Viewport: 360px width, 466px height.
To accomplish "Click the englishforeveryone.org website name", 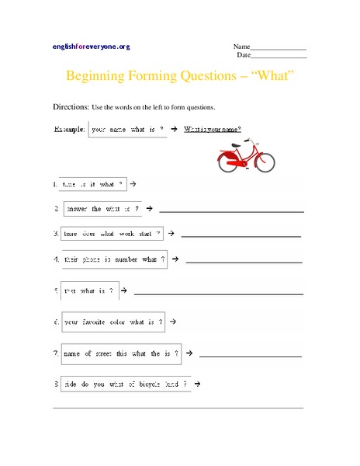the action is pyautogui.click(x=92, y=47).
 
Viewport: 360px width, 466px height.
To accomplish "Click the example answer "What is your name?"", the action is pyautogui.click(x=213, y=129).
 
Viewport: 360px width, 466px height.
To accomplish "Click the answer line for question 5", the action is pyautogui.click(x=220, y=294).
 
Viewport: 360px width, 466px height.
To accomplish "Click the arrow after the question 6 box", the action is pyautogui.click(x=173, y=321).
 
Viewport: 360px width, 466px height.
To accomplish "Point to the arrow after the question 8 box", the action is pyautogui.click(x=199, y=383).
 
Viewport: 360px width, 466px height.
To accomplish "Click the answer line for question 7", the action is pyautogui.click(x=251, y=356).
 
